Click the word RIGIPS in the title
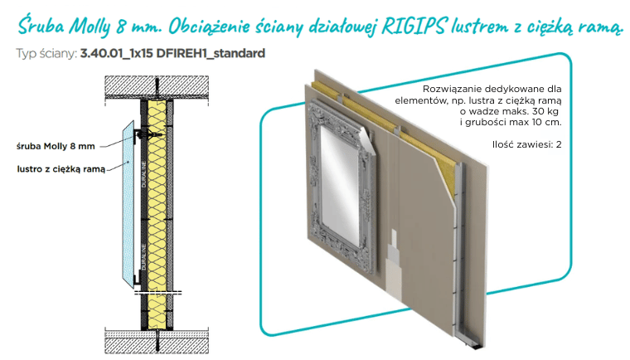click(414, 27)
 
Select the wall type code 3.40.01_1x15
click(117, 53)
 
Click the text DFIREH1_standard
click(211, 53)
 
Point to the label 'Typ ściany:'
click(46, 54)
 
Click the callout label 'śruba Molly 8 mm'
click(56, 147)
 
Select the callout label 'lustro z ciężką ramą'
click(61, 169)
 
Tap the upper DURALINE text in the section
click(144, 174)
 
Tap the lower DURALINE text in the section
click(144, 256)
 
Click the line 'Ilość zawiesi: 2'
click(526, 144)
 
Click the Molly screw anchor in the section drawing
click(148, 134)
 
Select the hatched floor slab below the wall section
click(157, 341)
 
